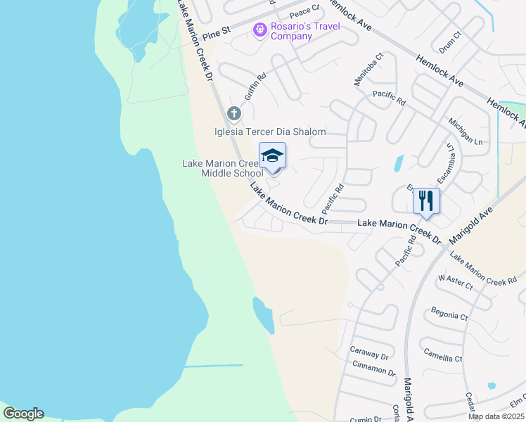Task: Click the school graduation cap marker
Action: (272, 155)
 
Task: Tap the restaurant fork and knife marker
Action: (426, 200)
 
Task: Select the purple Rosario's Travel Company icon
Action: (259, 30)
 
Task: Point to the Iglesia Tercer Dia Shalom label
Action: (270, 132)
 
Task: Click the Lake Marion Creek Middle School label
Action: (222, 168)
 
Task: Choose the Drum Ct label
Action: (449, 44)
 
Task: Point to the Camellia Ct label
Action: (443, 354)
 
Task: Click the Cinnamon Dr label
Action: (373, 369)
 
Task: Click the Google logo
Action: (23, 414)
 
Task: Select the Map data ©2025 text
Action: (495, 416)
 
